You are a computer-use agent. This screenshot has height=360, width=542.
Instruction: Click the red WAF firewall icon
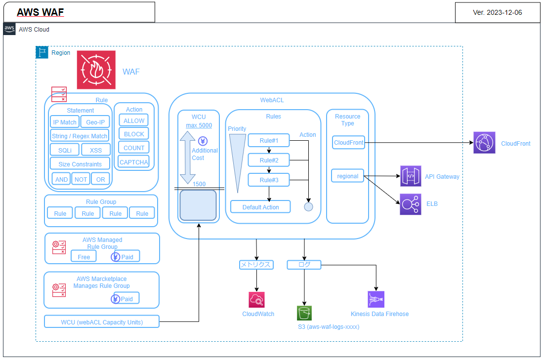(x=96, y=70)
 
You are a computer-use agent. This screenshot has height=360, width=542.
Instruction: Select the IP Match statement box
(x=65, y=122)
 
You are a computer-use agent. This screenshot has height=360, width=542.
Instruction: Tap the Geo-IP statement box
(x=95, y=122)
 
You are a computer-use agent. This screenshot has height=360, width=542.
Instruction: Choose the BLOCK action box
(x=134, y=134)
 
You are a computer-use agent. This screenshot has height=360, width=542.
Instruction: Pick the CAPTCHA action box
(x=134, y=161)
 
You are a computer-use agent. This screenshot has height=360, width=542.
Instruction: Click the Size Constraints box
(x=80, y=164)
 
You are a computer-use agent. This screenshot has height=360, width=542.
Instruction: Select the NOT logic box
(x=81, y=179)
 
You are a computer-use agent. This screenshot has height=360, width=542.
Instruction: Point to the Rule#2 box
(x=269, y=160)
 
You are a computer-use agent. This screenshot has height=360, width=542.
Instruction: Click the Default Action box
(x=260, y=207)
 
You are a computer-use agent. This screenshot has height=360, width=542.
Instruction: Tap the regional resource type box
(x=347, y=176)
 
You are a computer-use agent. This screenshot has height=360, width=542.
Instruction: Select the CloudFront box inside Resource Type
(x=348, y=143)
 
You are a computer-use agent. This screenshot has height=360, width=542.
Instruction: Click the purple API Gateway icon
(x=411, y=176)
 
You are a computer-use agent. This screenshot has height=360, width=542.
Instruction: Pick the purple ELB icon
(x=411, y=204)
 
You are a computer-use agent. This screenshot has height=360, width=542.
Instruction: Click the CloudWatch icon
(x=257, y=300)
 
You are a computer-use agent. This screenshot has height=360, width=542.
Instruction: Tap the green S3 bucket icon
(x=304, y=313)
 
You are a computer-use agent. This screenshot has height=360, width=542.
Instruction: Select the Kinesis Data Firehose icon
(x=376, y=299)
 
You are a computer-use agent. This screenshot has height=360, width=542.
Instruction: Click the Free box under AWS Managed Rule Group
(x=84, y=257)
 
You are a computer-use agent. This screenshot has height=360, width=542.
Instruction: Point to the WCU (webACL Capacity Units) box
(x=102, y=322)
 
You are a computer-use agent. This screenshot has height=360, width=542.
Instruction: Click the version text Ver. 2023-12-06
(x=497, y=13)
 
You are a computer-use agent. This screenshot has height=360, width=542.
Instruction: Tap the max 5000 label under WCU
(x=199, y=125)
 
